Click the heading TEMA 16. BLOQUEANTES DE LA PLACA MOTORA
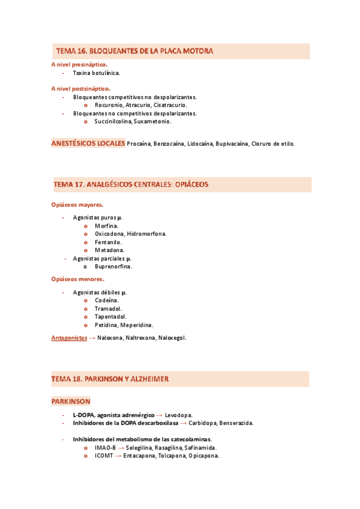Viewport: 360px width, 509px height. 134,52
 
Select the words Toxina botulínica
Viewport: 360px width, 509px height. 96,73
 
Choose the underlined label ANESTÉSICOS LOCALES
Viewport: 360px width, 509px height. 88,143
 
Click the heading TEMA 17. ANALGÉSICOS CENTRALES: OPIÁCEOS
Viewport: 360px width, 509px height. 131,184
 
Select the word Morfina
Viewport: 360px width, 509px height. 106,226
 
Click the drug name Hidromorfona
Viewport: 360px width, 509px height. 147,234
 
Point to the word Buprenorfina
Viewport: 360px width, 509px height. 113,267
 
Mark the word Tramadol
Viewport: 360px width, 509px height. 108,309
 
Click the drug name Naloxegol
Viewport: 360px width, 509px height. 172,338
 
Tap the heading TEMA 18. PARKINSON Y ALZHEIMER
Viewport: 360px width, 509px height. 110,379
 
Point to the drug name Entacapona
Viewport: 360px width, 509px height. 139,456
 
